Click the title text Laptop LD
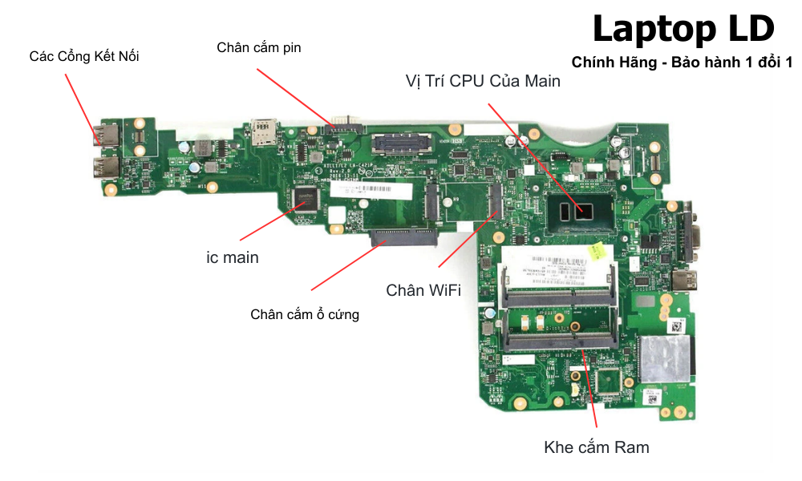tap(683, 30)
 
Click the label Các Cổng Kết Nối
tap(84, 56)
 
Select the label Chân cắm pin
tap(259, 47)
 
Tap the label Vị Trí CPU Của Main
tap(482, 81)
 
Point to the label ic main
tap(233, 258)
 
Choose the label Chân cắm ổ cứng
tap(305, 314)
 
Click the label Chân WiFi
tap(423, 290)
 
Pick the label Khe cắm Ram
tap(597, 447)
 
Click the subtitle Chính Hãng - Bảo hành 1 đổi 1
tap(682, 63)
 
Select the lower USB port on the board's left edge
tap(105, 168)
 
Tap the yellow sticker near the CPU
tap(596, 252)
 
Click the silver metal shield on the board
tap(662, 359)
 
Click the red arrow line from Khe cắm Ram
tap(591, 393)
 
